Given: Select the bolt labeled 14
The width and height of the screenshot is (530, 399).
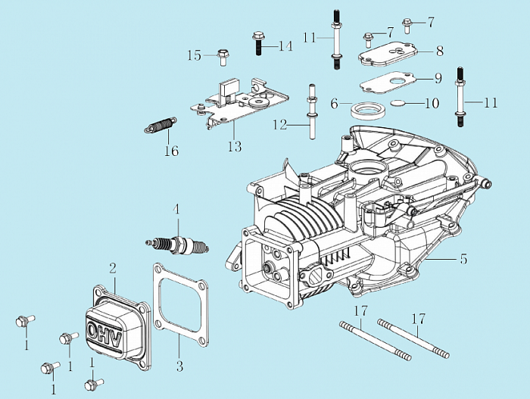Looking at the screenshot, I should (x=259, y=43).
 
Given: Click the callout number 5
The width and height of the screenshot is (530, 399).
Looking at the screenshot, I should (x=463, y=259).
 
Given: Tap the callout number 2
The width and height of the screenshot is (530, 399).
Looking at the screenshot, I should (x=112, y=267).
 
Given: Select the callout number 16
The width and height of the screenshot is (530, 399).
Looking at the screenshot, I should (x=172, y=151).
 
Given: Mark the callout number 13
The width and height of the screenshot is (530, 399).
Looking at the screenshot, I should (x=235, y=146).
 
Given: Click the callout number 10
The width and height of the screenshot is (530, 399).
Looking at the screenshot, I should (x=432, y=103).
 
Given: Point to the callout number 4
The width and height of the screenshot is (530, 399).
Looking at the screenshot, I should (x=176, y=209).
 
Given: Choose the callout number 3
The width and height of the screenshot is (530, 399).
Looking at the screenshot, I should (x=179, y=367).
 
